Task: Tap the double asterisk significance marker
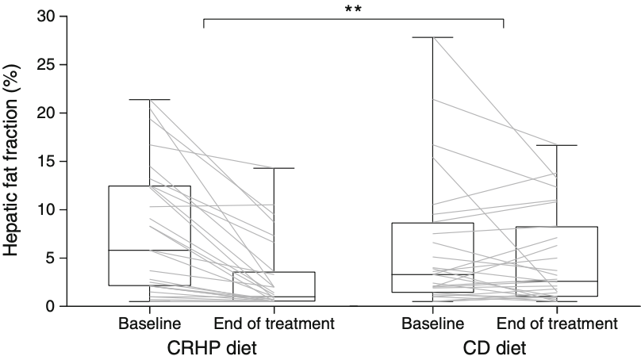pos(354,9)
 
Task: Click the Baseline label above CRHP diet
pos(150,324)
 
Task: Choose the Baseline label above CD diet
pos(432,324)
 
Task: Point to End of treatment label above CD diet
pos(556,324)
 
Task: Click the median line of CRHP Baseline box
pos(150,251)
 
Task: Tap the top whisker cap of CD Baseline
pos(432,37)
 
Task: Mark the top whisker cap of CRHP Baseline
pos(150,100)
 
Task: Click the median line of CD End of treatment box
pos(556,281)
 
